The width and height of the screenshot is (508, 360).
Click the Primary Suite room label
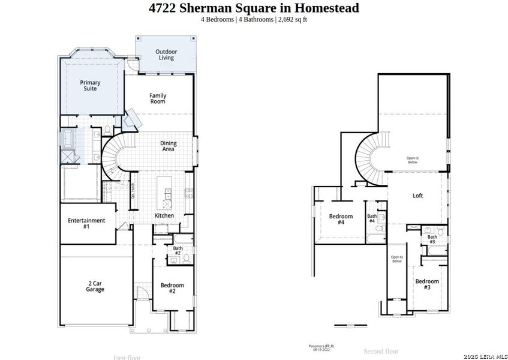(90, 86)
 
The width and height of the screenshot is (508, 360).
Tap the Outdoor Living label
(166, 55)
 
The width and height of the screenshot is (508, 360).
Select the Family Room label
(158, 98)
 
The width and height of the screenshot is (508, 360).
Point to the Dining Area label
(167, 146)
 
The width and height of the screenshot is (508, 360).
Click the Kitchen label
(164, 215)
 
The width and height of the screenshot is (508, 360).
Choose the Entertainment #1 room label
(86, 223)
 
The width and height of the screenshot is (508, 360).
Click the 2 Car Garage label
(95, 286)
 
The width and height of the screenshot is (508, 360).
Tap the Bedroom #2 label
(172, 288)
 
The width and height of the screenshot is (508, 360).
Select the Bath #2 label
(178, 250)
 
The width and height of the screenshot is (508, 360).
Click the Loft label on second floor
(418, 196)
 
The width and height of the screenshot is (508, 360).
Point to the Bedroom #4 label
(341, 219)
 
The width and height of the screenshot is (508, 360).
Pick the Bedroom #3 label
(427, 284)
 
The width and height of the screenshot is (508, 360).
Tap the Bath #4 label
(372, 218)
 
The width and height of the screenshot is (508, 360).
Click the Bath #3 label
(432, 239)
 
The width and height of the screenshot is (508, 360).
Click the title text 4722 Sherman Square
(254, 8)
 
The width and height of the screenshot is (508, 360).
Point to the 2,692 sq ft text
(293, 19)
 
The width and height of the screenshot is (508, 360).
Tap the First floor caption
(127, 358)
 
